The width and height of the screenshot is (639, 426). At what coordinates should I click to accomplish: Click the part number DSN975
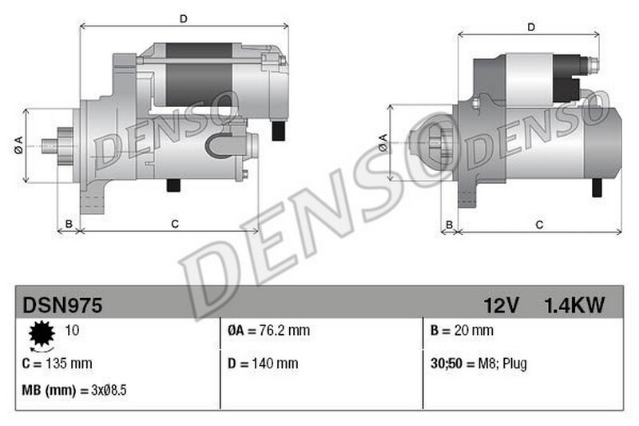pyautogui.click(x=62, y=305)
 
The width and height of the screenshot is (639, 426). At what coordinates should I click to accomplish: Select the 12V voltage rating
pyautogui.click(x=502, y=305)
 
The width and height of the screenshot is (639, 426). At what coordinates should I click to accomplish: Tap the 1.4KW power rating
pyautogui.click(x=574, y=305)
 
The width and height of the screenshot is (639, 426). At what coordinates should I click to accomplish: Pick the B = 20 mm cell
pyautogui.click(x=461, y=330)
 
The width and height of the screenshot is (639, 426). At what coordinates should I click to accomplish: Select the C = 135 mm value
pyautogui.click(x=58, y=364)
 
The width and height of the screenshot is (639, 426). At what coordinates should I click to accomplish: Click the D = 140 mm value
pyautogui.click(x=263, y=364)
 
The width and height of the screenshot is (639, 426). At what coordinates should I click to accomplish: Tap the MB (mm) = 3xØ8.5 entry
pyautogui.click(x=73, y=391)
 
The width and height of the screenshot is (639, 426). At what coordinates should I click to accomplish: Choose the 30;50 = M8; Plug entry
pyautogui.click(x=478, y=364)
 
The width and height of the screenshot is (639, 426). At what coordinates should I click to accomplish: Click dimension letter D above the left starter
pyautogui.click(x=183, y=18)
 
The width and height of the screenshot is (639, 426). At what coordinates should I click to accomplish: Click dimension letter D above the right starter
pyautogui.click(x=531, y=27)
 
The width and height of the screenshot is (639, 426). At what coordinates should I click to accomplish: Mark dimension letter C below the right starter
pyautogui.click(x=539, y=225)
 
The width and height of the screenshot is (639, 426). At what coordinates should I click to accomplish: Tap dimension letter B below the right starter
pyautogui.click(x=450, y=225)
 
